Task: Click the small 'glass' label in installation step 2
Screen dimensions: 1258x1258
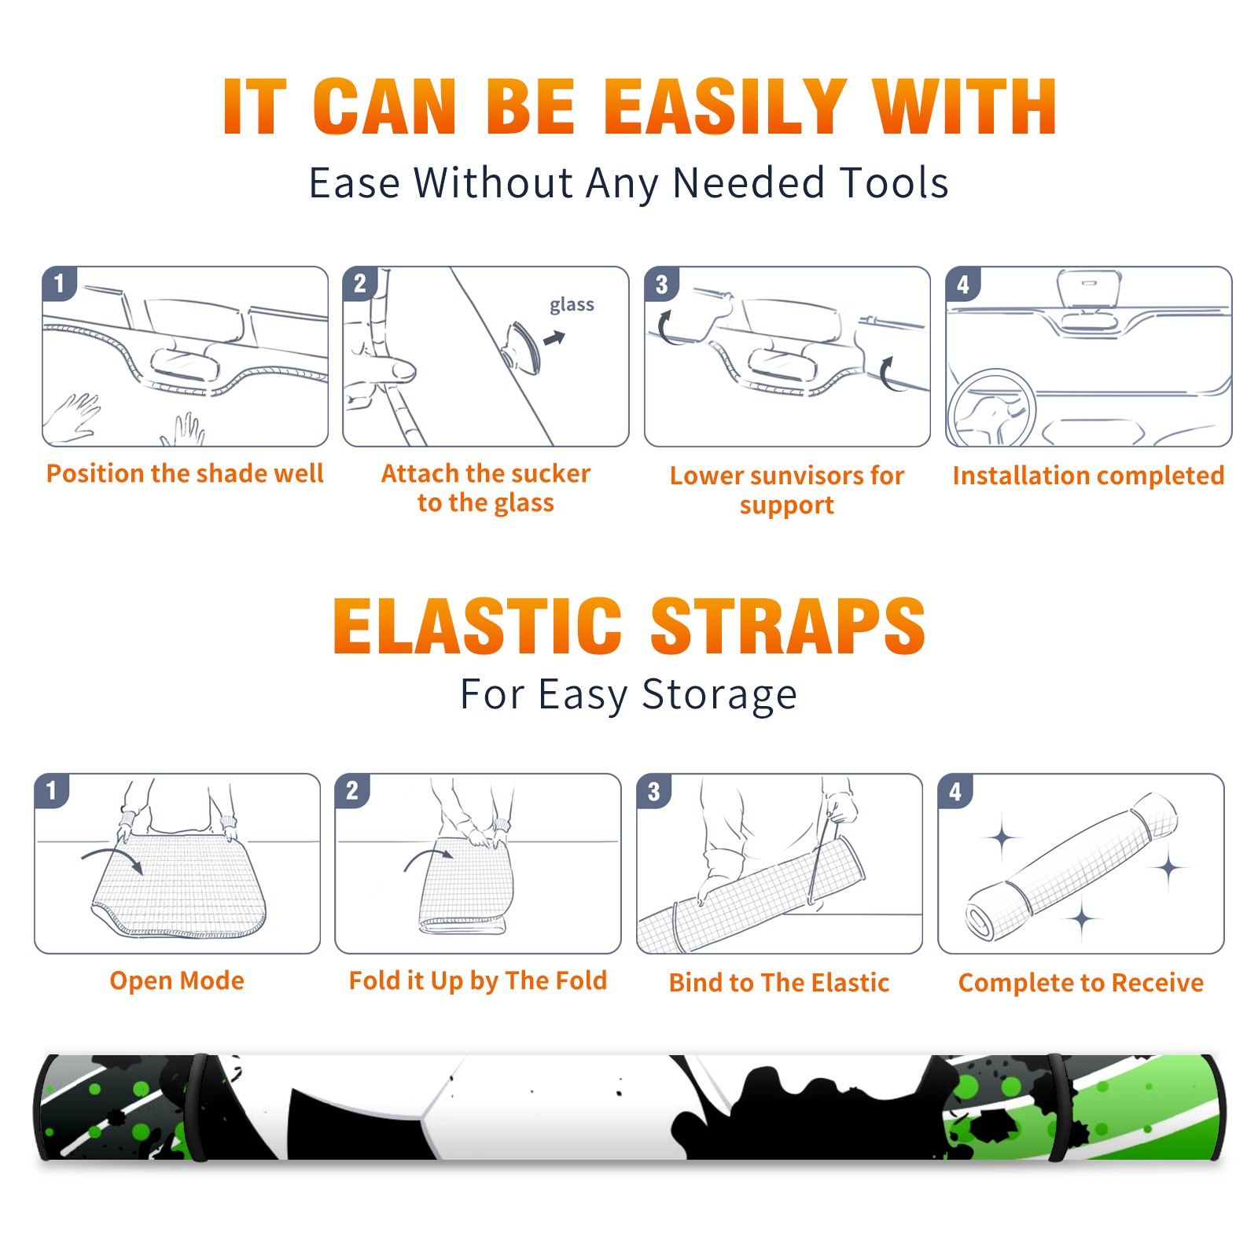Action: click(572, 305)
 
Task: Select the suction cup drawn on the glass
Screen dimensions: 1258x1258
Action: click(521, 346)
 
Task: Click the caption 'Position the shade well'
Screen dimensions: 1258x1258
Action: click(185, 473)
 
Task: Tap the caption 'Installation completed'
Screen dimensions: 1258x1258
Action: click(1088, 475)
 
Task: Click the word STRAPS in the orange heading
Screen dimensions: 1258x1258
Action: click(788, 626)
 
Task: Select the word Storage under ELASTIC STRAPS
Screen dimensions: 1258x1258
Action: click(719, 696)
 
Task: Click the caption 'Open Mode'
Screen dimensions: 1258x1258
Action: click(177, 980)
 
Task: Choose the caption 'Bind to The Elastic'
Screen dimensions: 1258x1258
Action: click(779, 982)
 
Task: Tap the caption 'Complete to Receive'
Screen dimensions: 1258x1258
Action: click(1081, 983)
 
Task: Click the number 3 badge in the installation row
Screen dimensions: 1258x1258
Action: click(661, 284)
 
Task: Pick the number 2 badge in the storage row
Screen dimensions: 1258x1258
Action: click(352, 790)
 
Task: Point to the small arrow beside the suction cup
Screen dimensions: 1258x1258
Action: click(554, 338)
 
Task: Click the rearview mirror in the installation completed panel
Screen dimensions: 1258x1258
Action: click(1088, 289)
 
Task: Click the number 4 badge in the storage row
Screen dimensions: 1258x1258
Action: click(955, 790)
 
